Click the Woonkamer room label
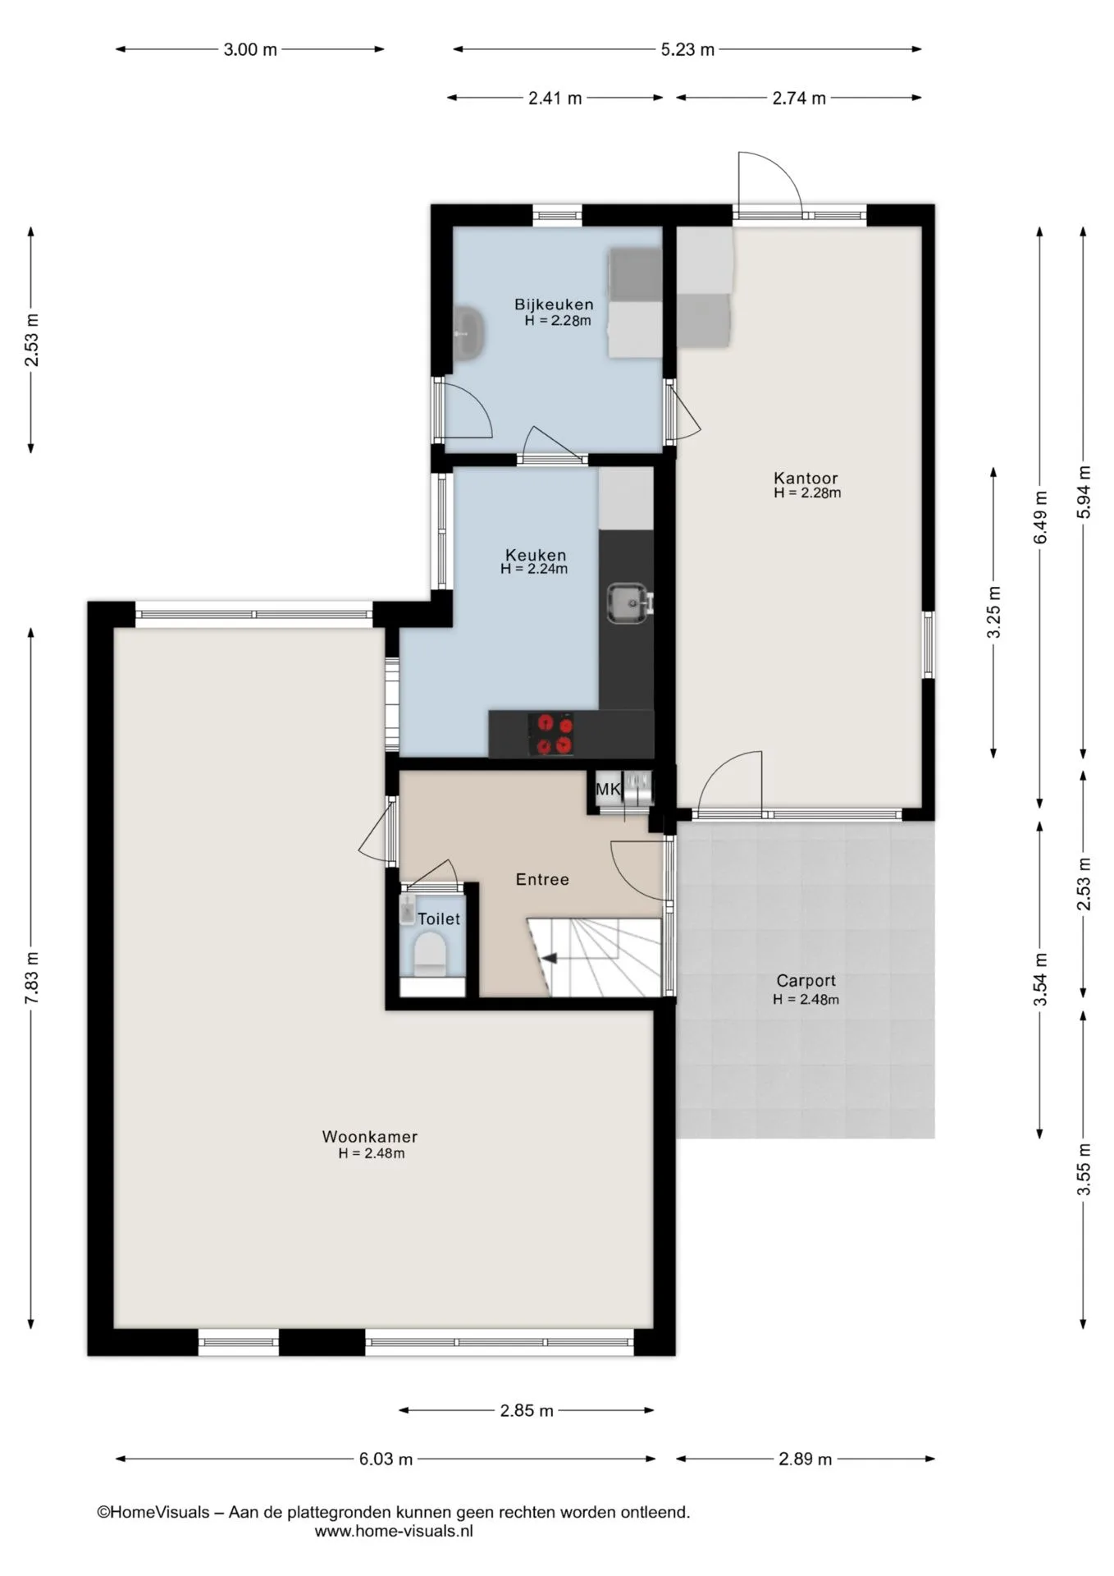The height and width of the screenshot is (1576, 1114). tap(369, 1137)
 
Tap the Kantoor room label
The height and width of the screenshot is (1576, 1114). tap(806, 478)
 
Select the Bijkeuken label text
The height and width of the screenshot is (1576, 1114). tap(554, 305)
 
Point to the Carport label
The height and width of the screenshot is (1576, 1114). tap(806, 981)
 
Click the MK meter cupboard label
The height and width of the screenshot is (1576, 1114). tap(608, 790)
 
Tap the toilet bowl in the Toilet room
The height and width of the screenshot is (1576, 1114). tap(429, 956)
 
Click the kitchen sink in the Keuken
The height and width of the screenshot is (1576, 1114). tap(628, 603)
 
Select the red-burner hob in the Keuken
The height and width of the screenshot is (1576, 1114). tap(553, 734)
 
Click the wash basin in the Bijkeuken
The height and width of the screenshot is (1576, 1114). tap(468, 334)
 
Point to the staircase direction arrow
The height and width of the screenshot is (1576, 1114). tap(548, 957)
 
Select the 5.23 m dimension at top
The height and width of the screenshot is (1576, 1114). tap(687, 49)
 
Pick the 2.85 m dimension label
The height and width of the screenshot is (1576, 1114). tap(527, 1410)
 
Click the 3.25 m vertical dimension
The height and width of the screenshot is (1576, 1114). tap(993, 612)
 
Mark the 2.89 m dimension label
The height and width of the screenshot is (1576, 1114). tap(805, 1459)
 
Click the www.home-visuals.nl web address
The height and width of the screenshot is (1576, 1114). tap(394, 1531)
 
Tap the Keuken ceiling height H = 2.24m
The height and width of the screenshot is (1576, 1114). tap(534, 568)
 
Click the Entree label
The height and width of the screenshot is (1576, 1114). tap(542, 879)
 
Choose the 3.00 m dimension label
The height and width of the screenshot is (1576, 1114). tap(250, 49)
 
